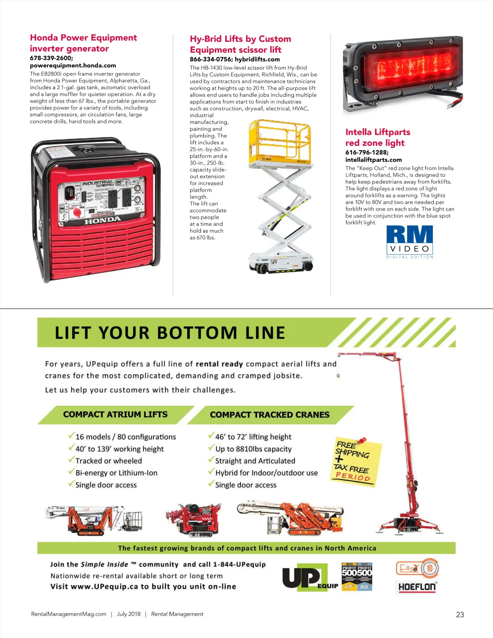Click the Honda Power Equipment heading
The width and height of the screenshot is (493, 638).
[83, 38]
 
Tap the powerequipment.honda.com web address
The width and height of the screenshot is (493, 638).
[73, 65]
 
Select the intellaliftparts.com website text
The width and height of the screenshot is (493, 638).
[373, 160]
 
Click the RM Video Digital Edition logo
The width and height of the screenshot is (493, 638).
[410, 242]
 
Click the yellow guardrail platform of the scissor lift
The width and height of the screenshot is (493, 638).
[279, 140]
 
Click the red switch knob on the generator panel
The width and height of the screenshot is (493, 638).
[76, 212]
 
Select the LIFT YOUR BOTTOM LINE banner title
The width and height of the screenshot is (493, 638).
[170, 333]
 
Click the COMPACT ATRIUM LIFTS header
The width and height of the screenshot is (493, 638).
[115, 415]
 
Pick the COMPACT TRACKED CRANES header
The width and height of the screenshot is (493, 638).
[270, 415]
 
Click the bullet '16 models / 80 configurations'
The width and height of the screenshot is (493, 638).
[125, 437]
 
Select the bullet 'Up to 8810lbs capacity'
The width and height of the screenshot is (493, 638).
[253, 449]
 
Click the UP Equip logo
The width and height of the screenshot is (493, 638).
[309, 578]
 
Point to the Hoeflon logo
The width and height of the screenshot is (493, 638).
[417, 587]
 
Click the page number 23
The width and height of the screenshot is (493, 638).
[460, 615]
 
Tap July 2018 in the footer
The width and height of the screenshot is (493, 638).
[129, 614]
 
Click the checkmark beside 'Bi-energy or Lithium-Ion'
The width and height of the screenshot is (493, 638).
[71, 472]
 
